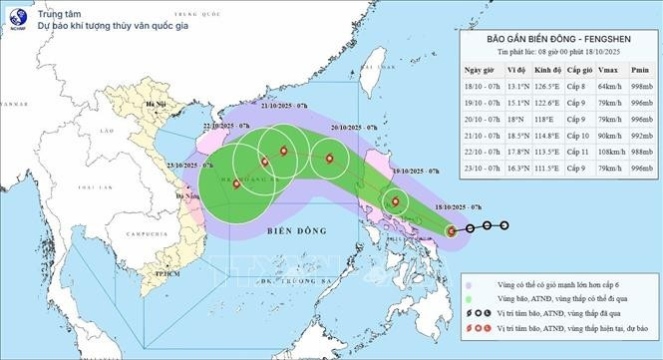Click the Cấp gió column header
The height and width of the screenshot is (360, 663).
(x=579, y=71)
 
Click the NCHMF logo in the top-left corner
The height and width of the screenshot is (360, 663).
(x=16, y=17)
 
